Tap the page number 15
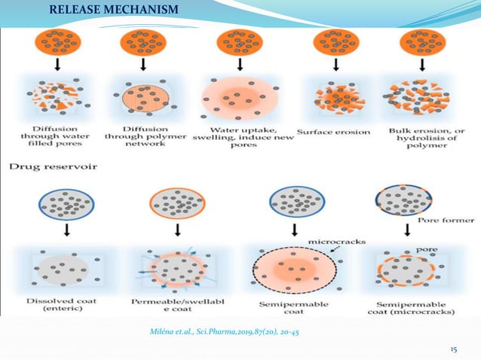pyautogui.click(x=454, y=349)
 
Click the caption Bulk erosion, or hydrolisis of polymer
pyautogui.click(x=418, y=136)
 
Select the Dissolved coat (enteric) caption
pyautogui.click(x=58, y=303)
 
